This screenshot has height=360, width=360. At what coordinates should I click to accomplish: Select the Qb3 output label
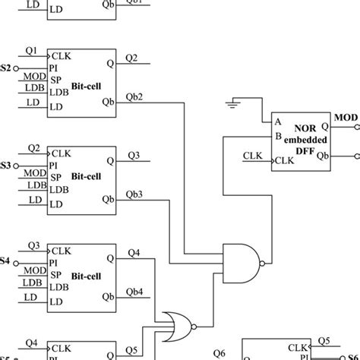(134, 195)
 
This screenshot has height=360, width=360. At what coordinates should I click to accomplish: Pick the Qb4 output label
(134, 292)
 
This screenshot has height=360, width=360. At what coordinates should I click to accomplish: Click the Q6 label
(220, 352)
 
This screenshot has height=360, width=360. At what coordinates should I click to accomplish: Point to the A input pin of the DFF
(279, 122)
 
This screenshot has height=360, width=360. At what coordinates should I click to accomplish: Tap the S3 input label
(5, 165)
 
